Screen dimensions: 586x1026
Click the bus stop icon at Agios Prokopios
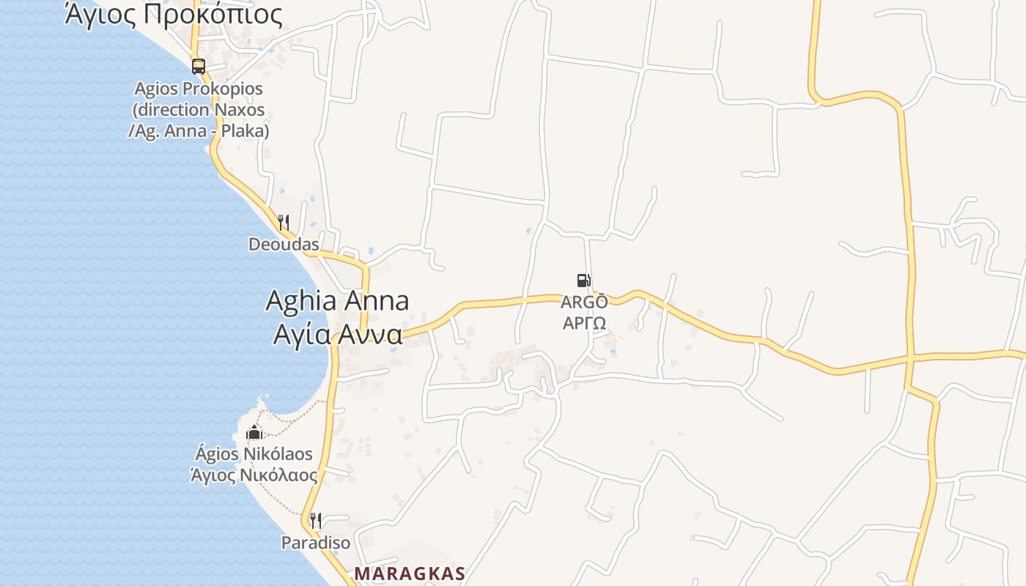pyautogui.click(x=199, y=67)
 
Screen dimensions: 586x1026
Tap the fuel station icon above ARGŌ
pyautogui.click(x=583, y=280)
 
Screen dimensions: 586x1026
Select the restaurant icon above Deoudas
pyautogui.click(x=284, y=223)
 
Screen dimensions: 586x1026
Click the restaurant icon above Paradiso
pyautogui.click(x=315, y=521)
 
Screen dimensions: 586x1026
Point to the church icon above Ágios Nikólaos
pyautogui.click(x=254, y=432)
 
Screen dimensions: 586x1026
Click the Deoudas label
pyautogui.click(x=284, y=245)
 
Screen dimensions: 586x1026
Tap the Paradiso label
pyautogui.click(x=316, y=543)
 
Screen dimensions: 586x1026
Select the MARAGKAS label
pyautogui.click(x=410, y=574)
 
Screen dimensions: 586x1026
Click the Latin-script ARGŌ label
pyautogui.click(x=584, y=302)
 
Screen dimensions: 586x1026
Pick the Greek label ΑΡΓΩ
pyautogui.click(x=584, y=323)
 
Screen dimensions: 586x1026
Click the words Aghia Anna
pyautogui.click(x=337, y=301)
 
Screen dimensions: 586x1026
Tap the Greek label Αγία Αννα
pyautogui.click(x=337, y=334)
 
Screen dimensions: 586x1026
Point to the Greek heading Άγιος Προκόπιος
pyautogui.click(x=173, y=14)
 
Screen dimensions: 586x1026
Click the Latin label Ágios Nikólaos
pyautogui.click(x=254, y=454)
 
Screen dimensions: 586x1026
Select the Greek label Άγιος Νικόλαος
pyautogui.click(x=254, y=475)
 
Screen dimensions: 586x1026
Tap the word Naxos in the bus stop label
pyautogui.click(x=239, y=110)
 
